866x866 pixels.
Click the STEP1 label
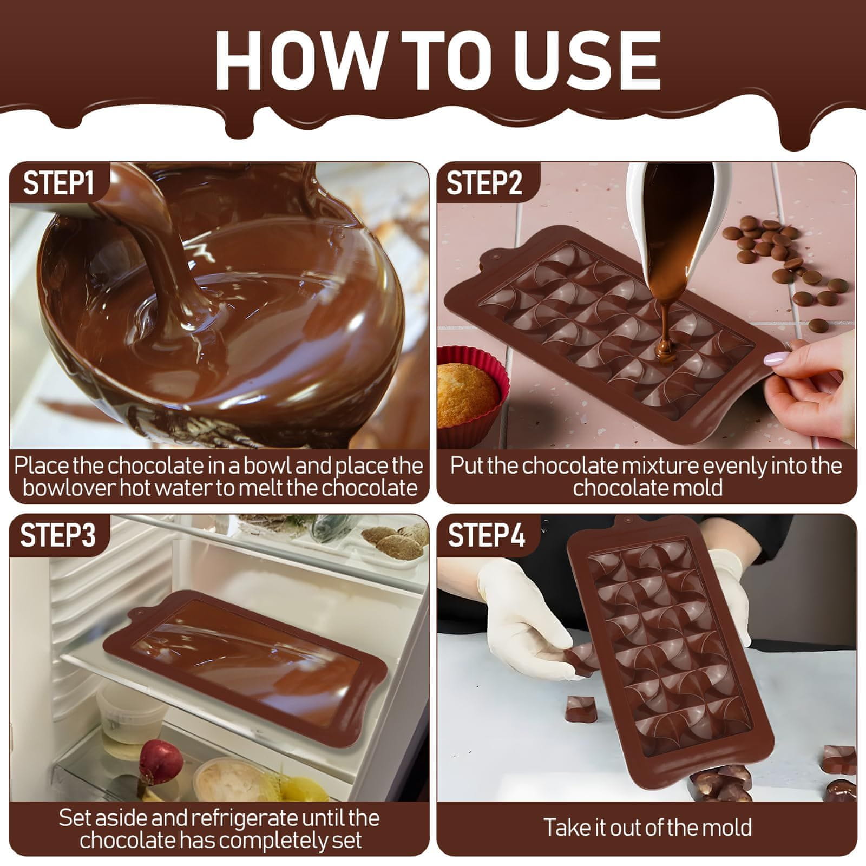pos(58,182)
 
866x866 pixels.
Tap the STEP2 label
pos(484,182)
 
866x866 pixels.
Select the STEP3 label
pos(58,534)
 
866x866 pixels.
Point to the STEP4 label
pos(486,534)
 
